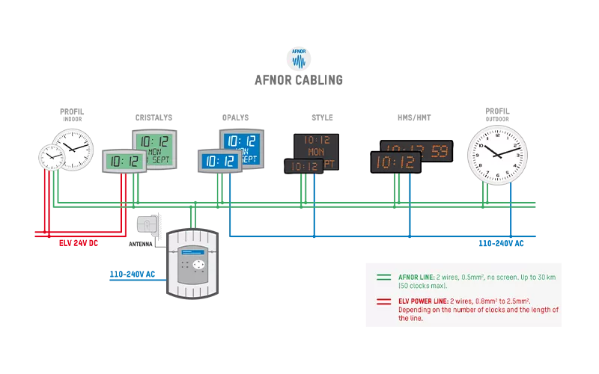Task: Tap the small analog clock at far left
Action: pos(52,156)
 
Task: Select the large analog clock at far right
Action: pos(498,154)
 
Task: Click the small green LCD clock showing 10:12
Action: pos(124,161)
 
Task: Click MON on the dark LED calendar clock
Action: pos(316,151)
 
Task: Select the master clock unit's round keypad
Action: pos(198,266)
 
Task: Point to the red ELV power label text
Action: pos(79,243)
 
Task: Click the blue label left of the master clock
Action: pos(132,275)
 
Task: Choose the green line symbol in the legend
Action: pos(384,276)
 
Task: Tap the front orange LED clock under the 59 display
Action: pos(396,162)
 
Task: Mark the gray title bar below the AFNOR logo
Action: pos(299,81)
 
